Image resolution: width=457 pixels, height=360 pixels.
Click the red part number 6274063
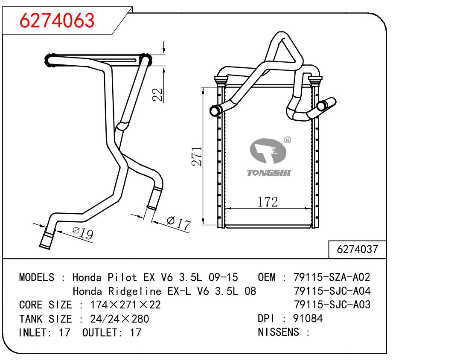click(57, 20)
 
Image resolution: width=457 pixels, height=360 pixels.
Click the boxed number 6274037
click(357, 250)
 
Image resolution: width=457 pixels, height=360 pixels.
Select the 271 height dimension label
click(197, 156)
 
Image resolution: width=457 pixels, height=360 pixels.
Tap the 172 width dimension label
click(268, 202)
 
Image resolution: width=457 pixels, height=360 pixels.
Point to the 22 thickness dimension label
click(158, 94)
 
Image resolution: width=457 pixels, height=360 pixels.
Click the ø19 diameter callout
click(83, 233)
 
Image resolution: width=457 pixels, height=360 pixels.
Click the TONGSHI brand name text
click(269, 173)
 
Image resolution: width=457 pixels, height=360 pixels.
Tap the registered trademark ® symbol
click(287, 140)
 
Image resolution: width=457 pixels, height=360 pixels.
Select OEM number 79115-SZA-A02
click(332, 277)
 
